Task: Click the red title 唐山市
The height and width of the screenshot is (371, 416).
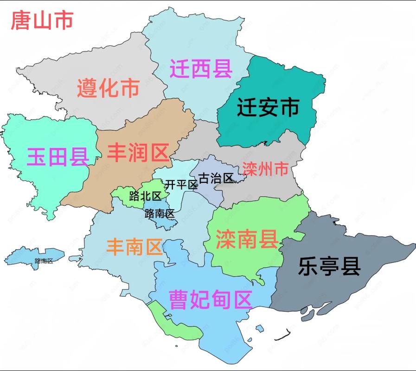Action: [x=42, y=21]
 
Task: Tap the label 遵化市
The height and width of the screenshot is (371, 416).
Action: [x=108, y=88]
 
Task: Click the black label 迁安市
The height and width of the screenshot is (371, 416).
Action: [x=268, y=108]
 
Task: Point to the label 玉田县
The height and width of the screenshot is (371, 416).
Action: [x=58, y=157]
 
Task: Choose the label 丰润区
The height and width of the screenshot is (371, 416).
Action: [x=138, y=152]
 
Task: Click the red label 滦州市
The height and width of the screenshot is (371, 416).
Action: [x=265, y=169]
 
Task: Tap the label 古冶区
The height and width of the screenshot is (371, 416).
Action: [x=215, y=178]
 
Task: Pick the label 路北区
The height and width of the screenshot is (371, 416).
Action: [x=145, y=196]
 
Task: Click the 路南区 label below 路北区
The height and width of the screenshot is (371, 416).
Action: [x=159, y=214]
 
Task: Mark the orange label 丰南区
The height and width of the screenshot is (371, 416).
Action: [x=134, y=247]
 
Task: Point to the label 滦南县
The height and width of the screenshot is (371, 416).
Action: [x=247, y=239]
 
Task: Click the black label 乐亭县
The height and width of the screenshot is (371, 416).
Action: [x=329, y=267]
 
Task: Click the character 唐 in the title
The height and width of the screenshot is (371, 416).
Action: [x=21, y=21]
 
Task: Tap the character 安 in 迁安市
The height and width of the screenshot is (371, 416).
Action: [x=268, y=108]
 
